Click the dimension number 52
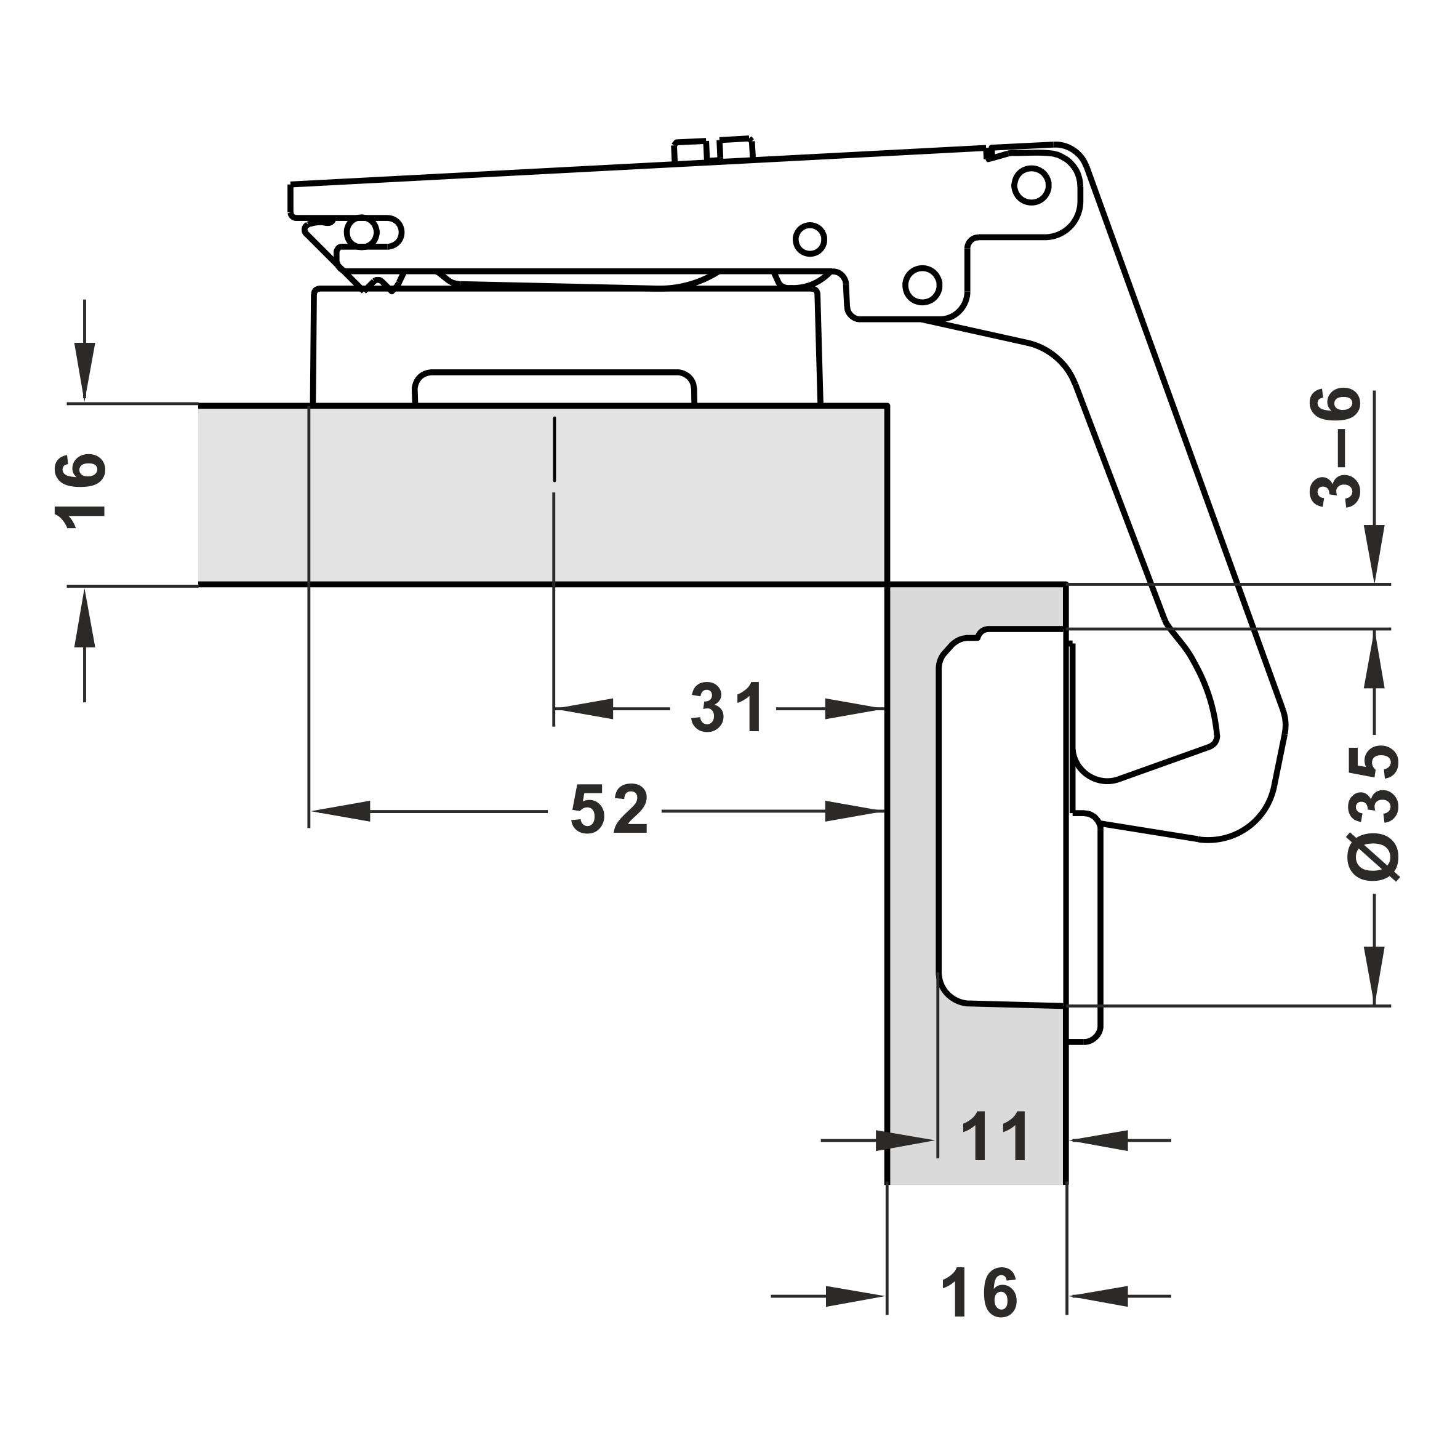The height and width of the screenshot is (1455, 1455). [x=610, y=809]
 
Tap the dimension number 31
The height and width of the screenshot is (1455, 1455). [x=727, y=707]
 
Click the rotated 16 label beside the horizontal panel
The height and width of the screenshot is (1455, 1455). [x=80, y=491]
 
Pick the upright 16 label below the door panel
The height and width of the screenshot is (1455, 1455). [x=980, y=1293]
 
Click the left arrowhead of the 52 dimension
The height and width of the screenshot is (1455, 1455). [x=340, y=811]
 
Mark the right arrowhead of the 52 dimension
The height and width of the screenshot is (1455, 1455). [x=855, y=811]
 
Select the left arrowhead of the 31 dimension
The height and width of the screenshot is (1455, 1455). [x=583, y=708]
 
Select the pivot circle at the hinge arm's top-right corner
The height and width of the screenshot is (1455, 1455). [x=1031, y=185]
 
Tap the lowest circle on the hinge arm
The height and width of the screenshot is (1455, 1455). [x=923, y=286]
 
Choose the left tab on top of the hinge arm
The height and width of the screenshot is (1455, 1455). [x=691, y=151]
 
